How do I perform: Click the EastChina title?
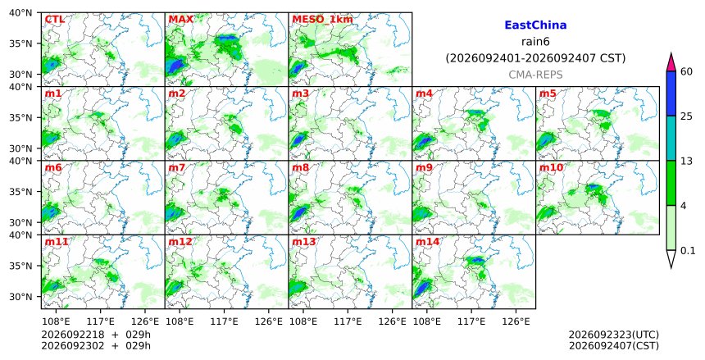click(x=535, y=25)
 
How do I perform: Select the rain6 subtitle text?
click(x=535, y=42)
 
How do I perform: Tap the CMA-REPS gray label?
click(x=535, y=75)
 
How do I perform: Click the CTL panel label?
click(x=54, y=20)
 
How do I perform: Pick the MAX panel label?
click(x=180, y=20)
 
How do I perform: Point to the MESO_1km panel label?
click(x=322, y=20)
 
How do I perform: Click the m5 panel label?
click(x=548, y=93)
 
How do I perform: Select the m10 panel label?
click(x=551, y=167)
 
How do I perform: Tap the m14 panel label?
click(x=427, y=242)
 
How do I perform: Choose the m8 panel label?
click(x=300, y=167)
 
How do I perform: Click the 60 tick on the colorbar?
click(x=686, y=71)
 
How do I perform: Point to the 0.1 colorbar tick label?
click(x=688, y=251)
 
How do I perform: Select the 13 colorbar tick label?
click(x=686, y=161)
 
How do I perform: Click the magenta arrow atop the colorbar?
click(x=671, y=62)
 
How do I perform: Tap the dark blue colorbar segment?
click(x=671, y=93)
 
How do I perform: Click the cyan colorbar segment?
click(x=671, y=138)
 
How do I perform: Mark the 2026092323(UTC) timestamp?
click(x=614, y=335)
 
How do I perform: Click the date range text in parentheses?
click(x=535, y=58)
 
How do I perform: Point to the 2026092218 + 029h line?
click(x=96, y=335)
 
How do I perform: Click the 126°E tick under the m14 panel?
click(x=516, y=321)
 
